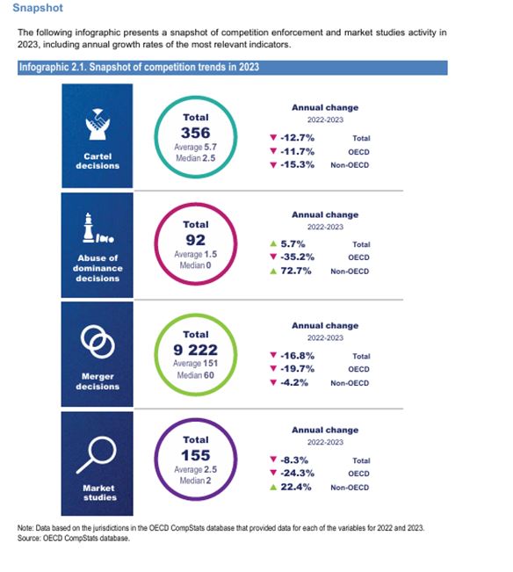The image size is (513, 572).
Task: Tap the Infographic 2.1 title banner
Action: coord(139,68)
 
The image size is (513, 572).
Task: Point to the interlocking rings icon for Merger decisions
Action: coord(98,342)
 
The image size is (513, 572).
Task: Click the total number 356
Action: coord(195,133)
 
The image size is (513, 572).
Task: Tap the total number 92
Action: coord(195,240)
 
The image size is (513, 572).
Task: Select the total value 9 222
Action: coord(195,350)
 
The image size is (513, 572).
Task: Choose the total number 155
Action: coord(195,456)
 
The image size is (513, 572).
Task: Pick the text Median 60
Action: coord(195,373)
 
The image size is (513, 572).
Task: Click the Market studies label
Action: coord(98,492)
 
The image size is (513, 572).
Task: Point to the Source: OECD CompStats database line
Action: coord(74,538)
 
